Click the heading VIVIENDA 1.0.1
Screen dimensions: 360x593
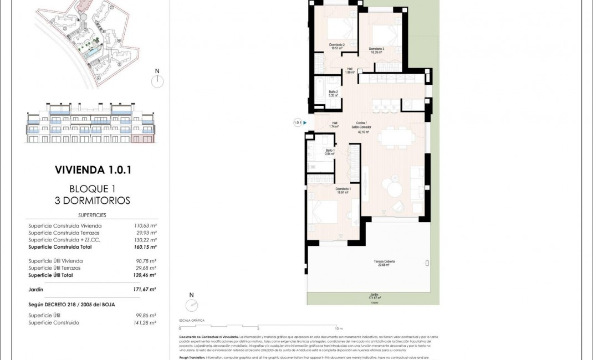click(x=93, y=170)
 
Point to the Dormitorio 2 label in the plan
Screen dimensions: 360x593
click(x=337, y=47)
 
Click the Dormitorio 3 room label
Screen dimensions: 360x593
click(x=376, y=50)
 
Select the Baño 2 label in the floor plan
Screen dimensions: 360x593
click(x=333, y=94)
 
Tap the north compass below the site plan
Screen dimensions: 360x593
click(x=157, y=81)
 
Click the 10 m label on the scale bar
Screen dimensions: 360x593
click(x=339, y=328)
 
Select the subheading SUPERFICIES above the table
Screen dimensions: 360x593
click(x=92, y=215)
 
